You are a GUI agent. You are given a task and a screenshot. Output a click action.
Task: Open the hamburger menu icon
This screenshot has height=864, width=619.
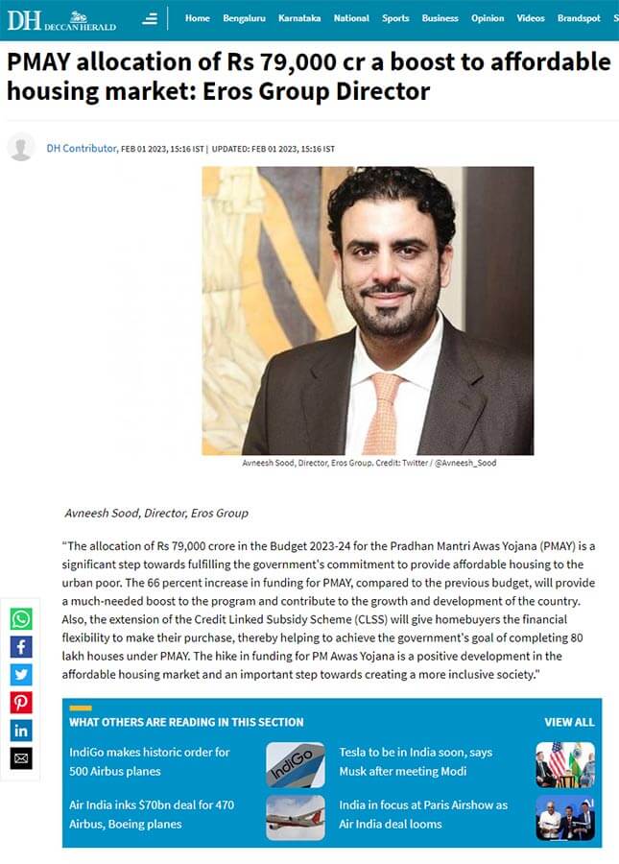150,18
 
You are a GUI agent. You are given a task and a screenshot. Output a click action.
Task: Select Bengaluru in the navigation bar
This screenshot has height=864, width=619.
244,18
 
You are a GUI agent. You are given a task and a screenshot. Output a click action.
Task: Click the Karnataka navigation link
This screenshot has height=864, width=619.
299,18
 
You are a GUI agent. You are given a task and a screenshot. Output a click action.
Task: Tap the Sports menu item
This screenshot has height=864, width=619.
394,18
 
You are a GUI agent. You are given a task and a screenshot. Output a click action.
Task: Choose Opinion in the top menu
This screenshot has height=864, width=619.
488,18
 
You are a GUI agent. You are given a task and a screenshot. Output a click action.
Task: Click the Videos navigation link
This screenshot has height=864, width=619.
530,18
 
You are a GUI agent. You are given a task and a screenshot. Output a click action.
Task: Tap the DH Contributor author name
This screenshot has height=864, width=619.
81,149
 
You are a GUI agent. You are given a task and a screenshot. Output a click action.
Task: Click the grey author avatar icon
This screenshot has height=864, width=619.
21,148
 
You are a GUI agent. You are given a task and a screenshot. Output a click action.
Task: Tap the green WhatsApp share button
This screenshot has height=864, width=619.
21,619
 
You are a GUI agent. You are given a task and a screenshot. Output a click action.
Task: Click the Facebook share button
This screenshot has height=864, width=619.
21,647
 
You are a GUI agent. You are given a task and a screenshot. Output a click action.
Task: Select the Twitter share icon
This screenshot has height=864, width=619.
21,675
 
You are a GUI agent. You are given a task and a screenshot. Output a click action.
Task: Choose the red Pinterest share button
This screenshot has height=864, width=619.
21,703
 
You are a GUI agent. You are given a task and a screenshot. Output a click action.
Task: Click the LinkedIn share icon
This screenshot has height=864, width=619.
21,731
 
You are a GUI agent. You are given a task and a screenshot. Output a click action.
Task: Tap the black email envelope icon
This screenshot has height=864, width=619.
21,758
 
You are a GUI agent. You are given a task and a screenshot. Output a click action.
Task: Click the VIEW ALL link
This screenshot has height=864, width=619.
569,722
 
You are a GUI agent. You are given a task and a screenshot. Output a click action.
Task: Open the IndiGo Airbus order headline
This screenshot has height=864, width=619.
150,761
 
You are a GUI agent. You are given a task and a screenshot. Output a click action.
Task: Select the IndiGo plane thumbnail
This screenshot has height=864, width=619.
295,764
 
